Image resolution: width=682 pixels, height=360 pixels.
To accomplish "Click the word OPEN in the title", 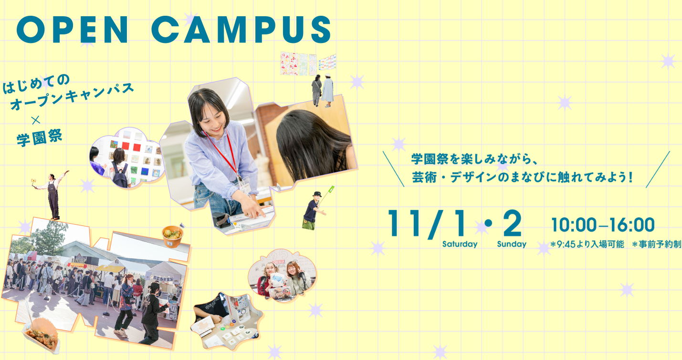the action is tap(72, 30).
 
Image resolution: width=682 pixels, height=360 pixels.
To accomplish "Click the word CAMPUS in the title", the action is tap(241, 30).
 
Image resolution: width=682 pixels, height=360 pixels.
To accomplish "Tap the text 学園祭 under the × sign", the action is tap(40, 138).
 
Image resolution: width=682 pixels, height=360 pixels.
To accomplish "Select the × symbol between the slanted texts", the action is tap(36, 120).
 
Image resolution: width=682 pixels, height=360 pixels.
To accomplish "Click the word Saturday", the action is tap(460, 244).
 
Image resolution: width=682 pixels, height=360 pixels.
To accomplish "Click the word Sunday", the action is tap(512, 244).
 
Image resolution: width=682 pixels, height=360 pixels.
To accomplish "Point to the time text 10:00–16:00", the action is tap(603, 225).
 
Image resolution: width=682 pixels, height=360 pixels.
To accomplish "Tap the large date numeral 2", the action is tap(513, 223).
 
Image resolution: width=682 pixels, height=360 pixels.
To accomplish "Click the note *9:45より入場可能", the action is tap(588, 244).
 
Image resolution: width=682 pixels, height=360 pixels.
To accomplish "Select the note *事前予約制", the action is tap(657, 244).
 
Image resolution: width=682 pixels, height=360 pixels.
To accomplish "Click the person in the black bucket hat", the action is tap(314, 211).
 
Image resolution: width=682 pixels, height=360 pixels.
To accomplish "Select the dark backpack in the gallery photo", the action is tap(120, 175).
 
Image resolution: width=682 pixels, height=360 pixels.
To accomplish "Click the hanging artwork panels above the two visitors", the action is tap(308, 64).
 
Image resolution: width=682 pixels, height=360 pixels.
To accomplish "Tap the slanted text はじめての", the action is tap(36, 84).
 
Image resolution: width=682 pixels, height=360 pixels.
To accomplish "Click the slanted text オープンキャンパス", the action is tap(72, 96).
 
